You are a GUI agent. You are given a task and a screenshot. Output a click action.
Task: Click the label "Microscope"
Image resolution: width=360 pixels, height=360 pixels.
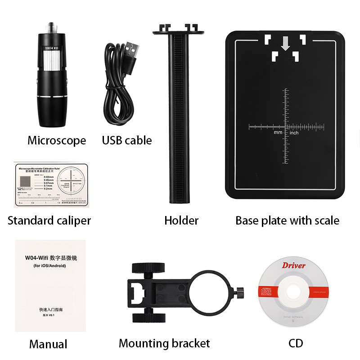pos(57,140)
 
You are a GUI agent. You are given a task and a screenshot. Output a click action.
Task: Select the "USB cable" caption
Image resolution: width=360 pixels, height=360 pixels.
pos(127,140)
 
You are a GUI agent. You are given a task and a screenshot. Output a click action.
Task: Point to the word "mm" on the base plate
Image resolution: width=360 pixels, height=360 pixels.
pos(278,133)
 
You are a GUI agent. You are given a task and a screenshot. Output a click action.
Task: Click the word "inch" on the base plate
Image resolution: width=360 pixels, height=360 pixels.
pos(294,133)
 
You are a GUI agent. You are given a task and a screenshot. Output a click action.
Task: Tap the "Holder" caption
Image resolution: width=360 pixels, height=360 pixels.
pos(181,220)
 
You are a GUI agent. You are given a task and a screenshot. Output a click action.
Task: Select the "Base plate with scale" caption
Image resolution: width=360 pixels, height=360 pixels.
pos(287,220)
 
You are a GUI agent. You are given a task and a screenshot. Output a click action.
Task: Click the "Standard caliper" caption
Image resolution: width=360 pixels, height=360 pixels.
pos(49,220)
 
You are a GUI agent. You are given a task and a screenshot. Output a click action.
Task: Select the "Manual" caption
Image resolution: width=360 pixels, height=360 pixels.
pos(48,344)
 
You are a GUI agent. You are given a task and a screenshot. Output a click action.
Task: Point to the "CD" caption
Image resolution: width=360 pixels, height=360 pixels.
pos(296,344)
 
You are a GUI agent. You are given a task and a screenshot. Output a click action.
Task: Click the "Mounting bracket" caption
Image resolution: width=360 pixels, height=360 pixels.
pos(164,344)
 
